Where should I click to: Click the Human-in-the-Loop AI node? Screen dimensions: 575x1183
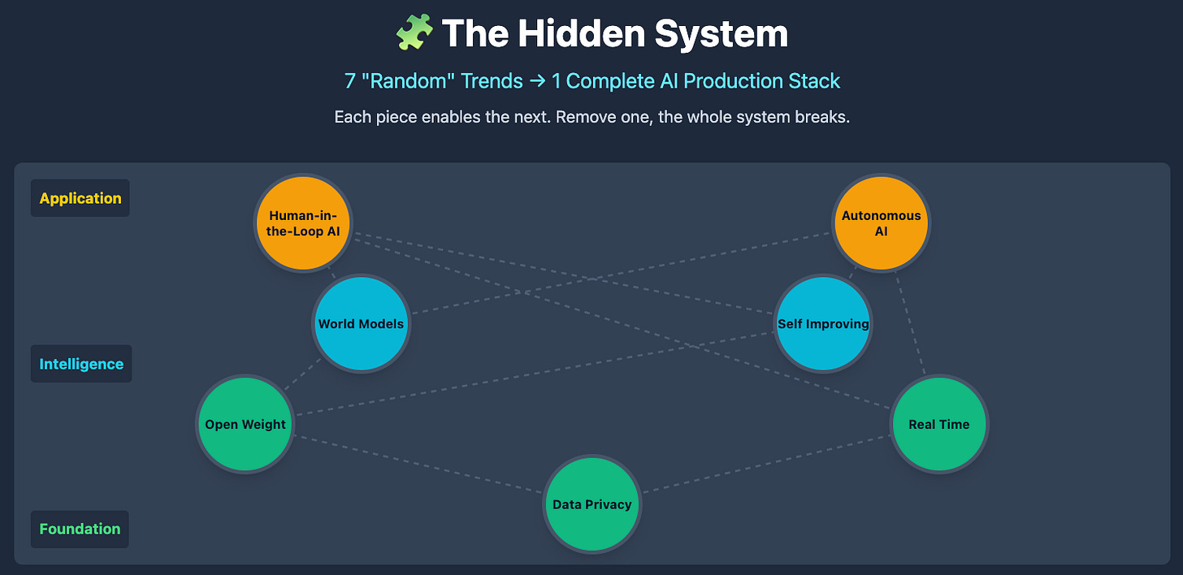tap(303, 223)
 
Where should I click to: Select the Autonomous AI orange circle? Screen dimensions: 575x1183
tap(882, 223)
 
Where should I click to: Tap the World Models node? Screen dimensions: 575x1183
tap(361, 324)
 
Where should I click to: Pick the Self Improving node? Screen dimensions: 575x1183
tap(823, 324)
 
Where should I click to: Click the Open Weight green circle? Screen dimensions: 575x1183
tap(245, 424)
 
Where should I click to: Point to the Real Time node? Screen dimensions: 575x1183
tap(939, 424)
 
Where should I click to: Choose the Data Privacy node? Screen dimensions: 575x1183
tap(591, 504)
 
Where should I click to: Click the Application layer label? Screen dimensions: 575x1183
tap(80, 198)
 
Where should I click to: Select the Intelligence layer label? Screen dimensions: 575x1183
tap(81, 364)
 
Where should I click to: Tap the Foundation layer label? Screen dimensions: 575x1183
tap(80, 529)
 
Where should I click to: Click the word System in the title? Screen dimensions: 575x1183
tap(721, 34)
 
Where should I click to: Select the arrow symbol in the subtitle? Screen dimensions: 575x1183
tap(536, 81)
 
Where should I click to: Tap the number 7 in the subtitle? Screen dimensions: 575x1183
tap(349, 81)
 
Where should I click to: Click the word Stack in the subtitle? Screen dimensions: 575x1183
tap(815, 81)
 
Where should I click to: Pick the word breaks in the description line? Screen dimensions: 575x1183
tap(821, 117)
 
